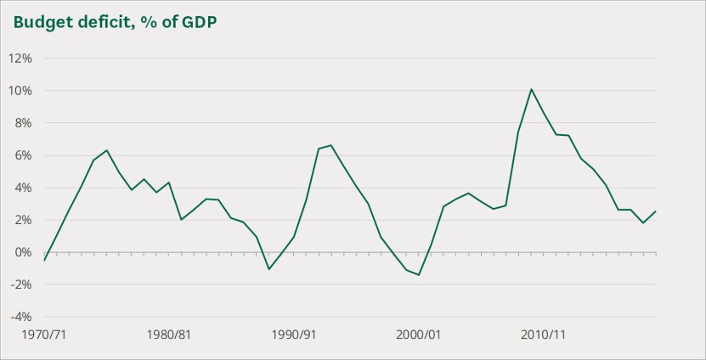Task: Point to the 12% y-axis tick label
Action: click(20, 59)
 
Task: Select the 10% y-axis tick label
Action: click(20, 91)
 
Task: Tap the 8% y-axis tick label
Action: click(23, 123)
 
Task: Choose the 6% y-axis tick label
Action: click(23, 155)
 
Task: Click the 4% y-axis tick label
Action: click(23, 188)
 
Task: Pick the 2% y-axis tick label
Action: click(23, 220)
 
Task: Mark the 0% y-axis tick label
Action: click(23, 252)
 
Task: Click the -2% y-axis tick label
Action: click(21, 284)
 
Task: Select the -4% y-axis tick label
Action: click(21, 317)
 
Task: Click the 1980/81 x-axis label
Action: click(168, 335)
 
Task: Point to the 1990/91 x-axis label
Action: click(293, 335)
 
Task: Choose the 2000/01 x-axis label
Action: click(418, 335)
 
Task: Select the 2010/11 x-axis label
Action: click(543, 335)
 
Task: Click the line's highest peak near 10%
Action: click(531, 89)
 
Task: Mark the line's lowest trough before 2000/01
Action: click(419, 274)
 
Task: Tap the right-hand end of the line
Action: click(656, 211)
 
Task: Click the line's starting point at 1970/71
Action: click(44, 260)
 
